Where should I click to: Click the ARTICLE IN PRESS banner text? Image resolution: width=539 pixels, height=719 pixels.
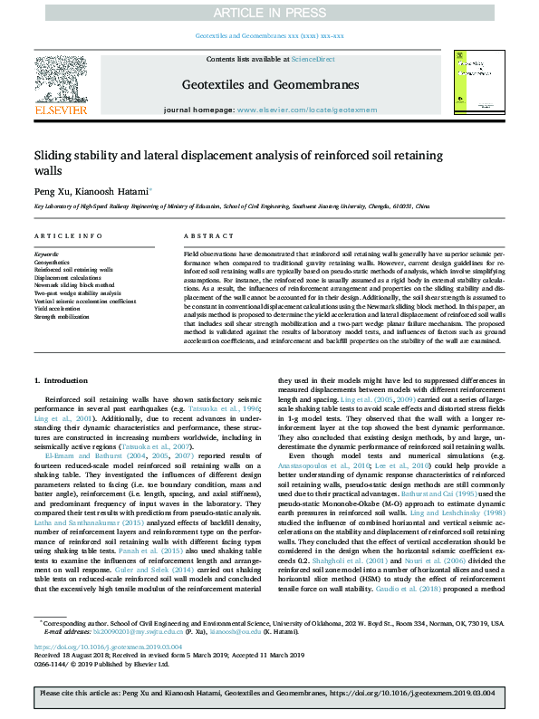click(269, 11)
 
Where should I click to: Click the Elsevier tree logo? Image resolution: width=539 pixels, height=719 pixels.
click(60, 87)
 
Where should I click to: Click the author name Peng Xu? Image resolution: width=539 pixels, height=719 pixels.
click(52, 192)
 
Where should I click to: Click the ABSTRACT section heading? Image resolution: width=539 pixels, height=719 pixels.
click(201, 235)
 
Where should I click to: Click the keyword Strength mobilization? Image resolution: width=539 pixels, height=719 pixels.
click(62, 316)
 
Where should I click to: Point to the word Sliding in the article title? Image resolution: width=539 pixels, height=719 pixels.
click(57, 155)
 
